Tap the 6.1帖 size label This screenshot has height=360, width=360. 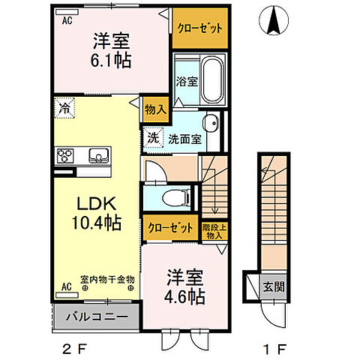click(x=113, y=60)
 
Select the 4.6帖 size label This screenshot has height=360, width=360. click(x=185, y=296)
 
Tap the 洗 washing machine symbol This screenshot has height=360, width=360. click(x=153, y=138)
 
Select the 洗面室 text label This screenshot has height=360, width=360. click(x=183, y=139)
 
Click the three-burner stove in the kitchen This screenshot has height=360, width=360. click(x=64, y=156)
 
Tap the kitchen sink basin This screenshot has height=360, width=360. click(x=99, y=156)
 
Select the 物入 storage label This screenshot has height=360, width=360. click(x=155, y=109)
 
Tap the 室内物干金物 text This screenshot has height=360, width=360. click(x=98, y=278)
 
